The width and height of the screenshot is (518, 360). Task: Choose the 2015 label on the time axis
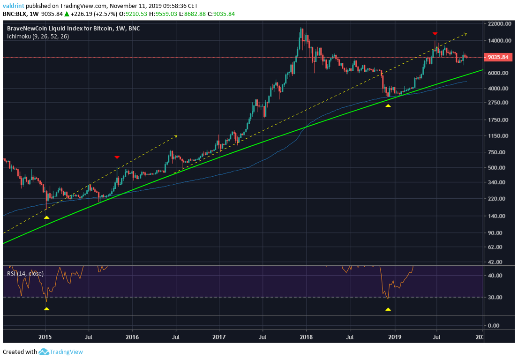pyautogui.click(x=45, y=337)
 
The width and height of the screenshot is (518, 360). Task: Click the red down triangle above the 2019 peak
pyautogui.click(x=435, y=34)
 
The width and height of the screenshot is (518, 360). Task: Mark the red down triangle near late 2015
pyautogui.click(x=117, y=157)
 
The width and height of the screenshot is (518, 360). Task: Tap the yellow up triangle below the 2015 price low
pyautogui.click(x=46, y=217)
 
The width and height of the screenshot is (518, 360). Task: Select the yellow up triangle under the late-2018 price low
pyautogui.click(x=388, y=106)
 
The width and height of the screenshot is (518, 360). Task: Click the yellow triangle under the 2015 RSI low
pyautogui.click(x=46, y=308)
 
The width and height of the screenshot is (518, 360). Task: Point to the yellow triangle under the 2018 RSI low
pyautogui.click(x=388, y=309)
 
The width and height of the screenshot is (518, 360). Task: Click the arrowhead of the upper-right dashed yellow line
pyautogui.click(x=465, y=33)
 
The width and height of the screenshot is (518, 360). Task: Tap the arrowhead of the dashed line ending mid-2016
pyautogui.click(x=176, y=136)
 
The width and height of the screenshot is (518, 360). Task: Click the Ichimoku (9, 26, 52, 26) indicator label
pyautogui.click(x=38, y=36)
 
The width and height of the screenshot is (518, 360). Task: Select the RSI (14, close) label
pyautogui.click(x=26, y=273)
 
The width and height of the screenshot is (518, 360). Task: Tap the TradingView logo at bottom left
pyautogui.click(x=60, y=352)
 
